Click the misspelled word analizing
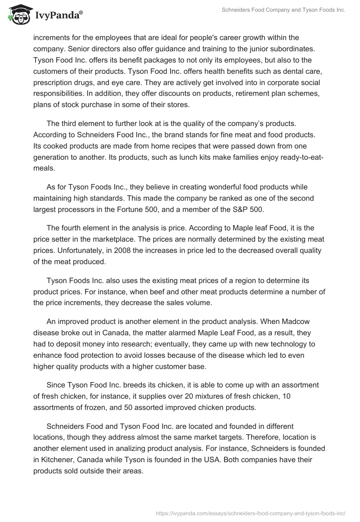(135, 448)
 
